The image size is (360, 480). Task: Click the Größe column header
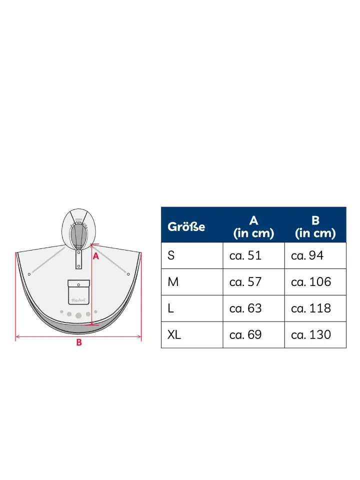pyautogui.click(x=186, y=227)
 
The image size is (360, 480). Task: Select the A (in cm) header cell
pyautogui.click(x=253, y=227)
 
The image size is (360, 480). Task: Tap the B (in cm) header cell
pyautogui.click(x=315, y=227)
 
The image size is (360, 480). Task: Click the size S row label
pyautogui.click(x=171, y=255)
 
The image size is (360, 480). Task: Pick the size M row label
pyautogui.click(x=173, y=281)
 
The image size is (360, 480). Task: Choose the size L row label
pyautogui.click(x=170, y=308)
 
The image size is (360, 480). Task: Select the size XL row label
pyautogui.click(x=174, y=334)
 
